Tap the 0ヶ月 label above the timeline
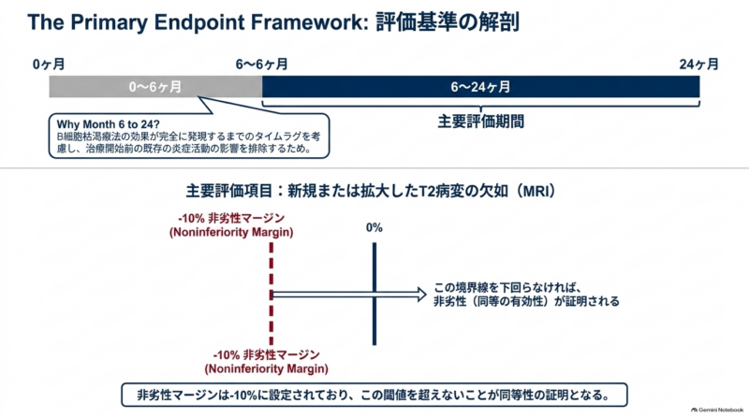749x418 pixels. click(x=49, y=64)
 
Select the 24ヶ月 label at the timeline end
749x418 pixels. click(x=698, y=64)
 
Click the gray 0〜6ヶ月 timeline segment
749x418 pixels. click(x=155, y=87)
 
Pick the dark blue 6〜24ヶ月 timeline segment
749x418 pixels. click(x=481, y=87)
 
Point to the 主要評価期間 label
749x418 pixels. click(x=481, y=122)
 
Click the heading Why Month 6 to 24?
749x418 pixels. click(x=108, y=124)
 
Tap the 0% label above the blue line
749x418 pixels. click(x=374, y=228)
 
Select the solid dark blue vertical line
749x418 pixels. click(x=374, y=294)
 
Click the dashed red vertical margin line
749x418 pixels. click(x=272, y=294)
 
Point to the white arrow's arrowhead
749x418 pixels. click(x=421, y=295)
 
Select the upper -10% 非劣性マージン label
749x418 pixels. click(x=231, y=219)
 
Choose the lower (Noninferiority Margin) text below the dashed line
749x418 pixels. click(x=266, y=368)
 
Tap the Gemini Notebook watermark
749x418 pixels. click(x=717, y=410)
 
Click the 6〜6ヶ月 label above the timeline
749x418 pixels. click(x=262, y=64)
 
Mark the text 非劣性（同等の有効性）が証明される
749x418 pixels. click(x=526, y=301)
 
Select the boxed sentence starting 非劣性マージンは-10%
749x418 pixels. click(x=374, y=396)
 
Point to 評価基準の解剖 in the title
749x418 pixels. click(x=448, y=22)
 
